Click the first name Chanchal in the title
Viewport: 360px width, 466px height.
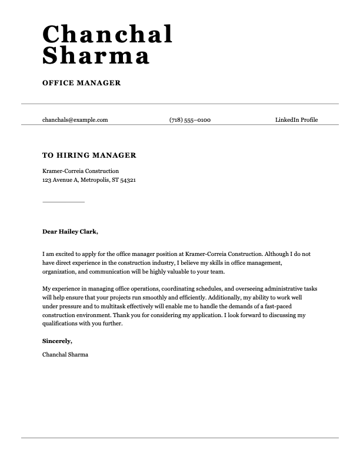point(108,34)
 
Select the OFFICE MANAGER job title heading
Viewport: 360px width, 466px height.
point(81,83)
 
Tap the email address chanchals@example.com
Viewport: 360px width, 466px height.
point(75,120)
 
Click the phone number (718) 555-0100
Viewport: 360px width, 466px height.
point(189,120)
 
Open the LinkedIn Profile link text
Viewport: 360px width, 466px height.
point(296,120)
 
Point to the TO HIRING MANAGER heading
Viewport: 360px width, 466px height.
point(89,155)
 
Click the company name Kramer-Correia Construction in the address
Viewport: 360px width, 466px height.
point(80,171)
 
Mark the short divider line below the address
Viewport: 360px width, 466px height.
point(64,202)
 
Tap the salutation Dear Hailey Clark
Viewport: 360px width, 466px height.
point(70,232)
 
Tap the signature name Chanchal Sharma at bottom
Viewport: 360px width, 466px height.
point(65,354)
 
